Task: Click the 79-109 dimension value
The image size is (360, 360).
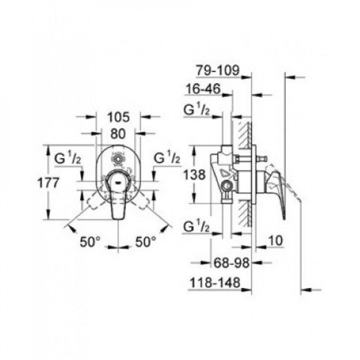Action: pos(218,70)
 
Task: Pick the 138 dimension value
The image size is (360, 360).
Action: pos(195,175)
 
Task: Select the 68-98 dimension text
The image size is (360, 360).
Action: pos(231,263)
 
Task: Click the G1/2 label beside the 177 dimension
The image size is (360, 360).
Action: pos(67,158)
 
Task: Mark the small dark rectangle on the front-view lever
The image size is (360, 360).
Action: pos(118,181)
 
